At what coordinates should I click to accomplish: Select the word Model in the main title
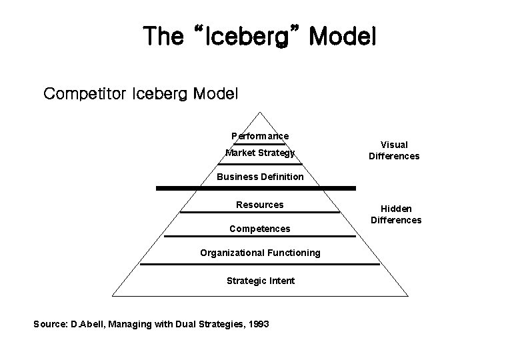tap(342, 36)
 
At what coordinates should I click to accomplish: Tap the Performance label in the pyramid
tap(260, 136)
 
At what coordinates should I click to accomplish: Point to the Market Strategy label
tap(260, 153)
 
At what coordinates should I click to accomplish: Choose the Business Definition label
tap(260, 177)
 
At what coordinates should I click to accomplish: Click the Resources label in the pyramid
tap(260, 205)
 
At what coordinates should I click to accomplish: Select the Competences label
tap(260, 229)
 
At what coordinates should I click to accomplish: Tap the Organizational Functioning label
tap(260, 253)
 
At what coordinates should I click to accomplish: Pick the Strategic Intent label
tap(260, 281)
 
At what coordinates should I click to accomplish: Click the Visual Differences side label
tap(394, 150)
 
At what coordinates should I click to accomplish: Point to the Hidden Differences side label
tap(396, 214)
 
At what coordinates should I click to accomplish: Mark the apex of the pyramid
tap(260, 111)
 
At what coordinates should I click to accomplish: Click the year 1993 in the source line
tap(257, 324)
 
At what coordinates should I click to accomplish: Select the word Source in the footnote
tap(49, 324)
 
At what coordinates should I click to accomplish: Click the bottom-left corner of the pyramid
tap(112, 295)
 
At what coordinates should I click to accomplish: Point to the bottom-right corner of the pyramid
tap(408, 295)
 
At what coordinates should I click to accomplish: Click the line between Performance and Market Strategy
tap(260, 143)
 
